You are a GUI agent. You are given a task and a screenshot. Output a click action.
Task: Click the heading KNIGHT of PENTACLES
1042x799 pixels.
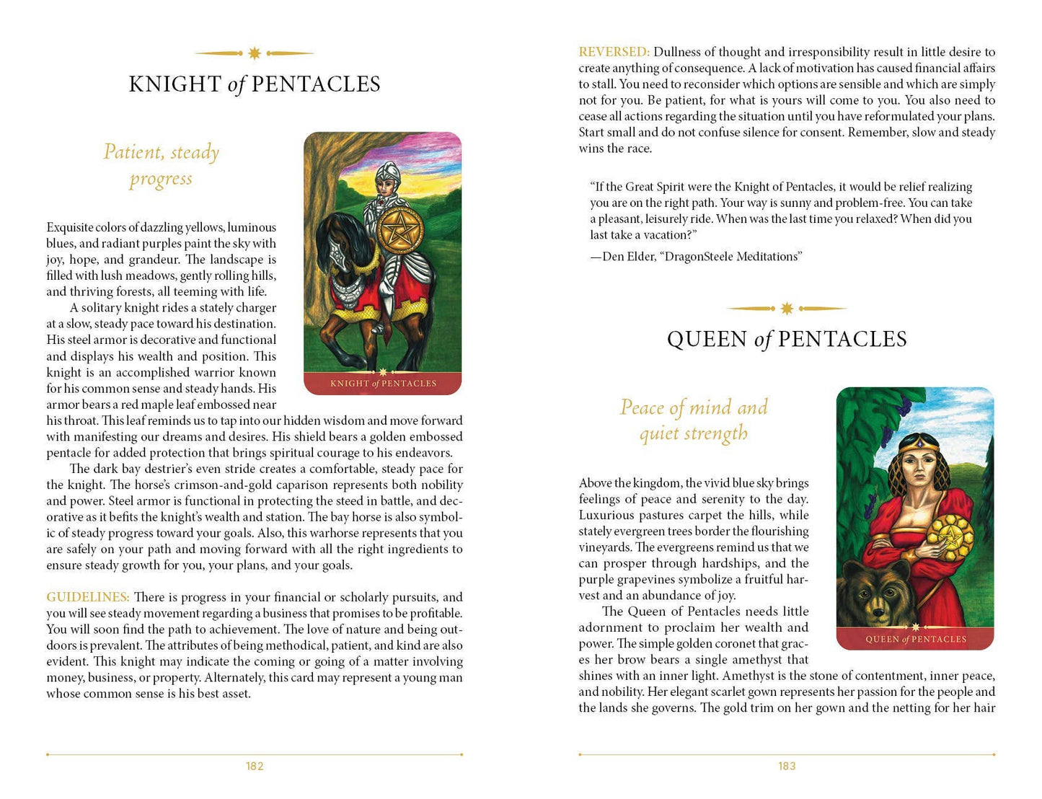click(255, 84)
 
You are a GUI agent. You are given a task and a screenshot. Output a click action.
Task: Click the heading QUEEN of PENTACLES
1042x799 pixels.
click(787, 339)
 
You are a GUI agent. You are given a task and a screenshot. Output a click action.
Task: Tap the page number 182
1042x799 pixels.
click(255, 766)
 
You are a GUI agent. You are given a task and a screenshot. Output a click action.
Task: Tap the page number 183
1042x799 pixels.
click(787, 766)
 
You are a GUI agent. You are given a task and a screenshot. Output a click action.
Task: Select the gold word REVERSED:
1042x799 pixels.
click(614, 52)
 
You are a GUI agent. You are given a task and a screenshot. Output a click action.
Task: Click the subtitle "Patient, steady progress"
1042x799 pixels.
click(161, 165)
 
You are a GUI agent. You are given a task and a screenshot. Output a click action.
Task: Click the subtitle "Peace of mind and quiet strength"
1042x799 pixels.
click(694, 420)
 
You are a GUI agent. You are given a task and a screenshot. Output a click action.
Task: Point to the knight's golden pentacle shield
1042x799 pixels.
click(399, 230)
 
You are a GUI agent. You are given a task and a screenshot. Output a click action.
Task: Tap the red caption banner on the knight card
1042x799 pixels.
click(383, 384)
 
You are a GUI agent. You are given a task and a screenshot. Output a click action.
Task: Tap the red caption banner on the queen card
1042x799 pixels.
click(915, 639)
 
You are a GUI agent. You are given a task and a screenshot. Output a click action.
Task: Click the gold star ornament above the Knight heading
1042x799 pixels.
click(255, 53)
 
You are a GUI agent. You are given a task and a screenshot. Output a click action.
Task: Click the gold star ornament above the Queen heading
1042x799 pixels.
click(787, 309)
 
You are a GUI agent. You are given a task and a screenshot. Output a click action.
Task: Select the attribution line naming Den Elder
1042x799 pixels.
click(696, 257)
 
